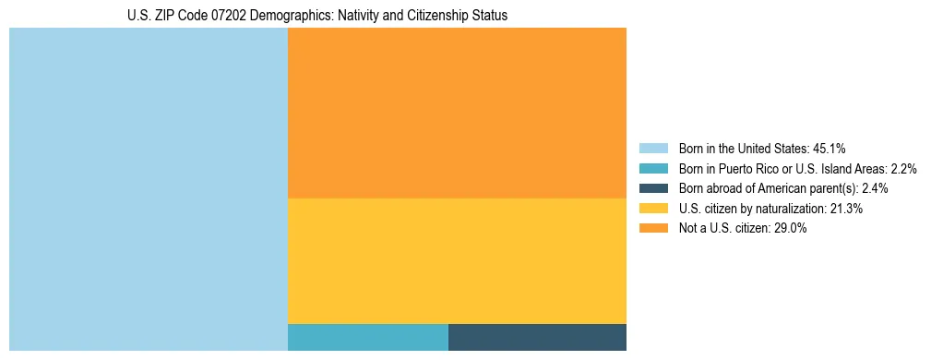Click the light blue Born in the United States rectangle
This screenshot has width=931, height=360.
[149, 189]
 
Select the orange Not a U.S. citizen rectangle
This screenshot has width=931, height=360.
[457, 113]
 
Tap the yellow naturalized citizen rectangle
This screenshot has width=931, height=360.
[457, 260]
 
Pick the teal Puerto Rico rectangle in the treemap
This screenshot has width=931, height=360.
[367, 337]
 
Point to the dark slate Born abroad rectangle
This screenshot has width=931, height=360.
[537, 337]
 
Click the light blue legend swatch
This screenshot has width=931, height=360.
[653, 149]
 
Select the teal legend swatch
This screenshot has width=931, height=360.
[653, 169]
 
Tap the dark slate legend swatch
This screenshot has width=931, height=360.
[653, 188]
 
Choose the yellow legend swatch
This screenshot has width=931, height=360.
[653, 209]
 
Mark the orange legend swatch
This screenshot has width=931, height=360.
[653, 229]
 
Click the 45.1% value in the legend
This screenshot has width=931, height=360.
[829, 149]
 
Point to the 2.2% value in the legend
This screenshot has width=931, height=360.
[903, 169]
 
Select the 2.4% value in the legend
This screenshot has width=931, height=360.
[875, 188]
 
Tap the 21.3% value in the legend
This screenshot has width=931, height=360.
[846, 209]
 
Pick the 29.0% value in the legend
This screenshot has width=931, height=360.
[791, 229]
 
